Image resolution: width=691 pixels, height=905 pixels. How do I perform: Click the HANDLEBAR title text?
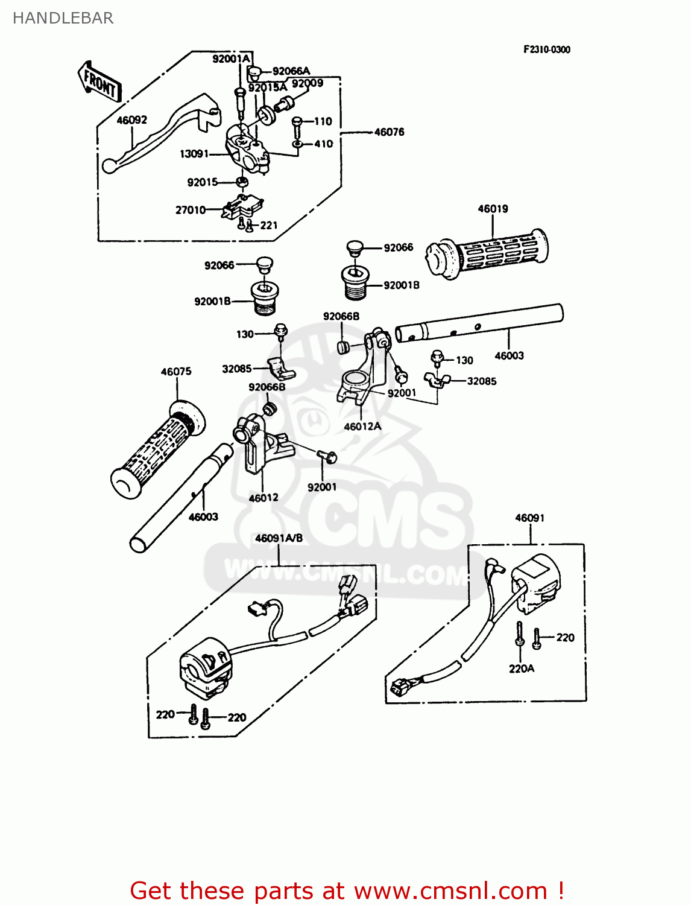63,18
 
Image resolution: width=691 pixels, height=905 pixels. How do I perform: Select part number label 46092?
131,120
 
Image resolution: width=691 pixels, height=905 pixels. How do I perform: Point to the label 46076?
389,132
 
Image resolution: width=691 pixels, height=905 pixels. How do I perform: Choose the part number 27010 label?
191,210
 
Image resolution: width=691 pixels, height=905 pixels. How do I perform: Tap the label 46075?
176,372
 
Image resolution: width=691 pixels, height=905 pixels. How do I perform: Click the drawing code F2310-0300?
546,49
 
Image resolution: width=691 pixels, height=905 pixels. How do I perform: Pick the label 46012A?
362,426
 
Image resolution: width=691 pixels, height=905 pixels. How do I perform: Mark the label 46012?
263,498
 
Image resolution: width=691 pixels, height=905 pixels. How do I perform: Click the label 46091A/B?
279,538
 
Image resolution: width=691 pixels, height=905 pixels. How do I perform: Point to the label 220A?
522,668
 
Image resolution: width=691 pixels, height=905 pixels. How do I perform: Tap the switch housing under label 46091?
536,583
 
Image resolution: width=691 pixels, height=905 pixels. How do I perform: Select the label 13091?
194,154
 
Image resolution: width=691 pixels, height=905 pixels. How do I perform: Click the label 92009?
308,83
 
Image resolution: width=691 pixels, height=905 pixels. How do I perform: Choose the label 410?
323,144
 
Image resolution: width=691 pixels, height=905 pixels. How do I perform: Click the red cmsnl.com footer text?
347,891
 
